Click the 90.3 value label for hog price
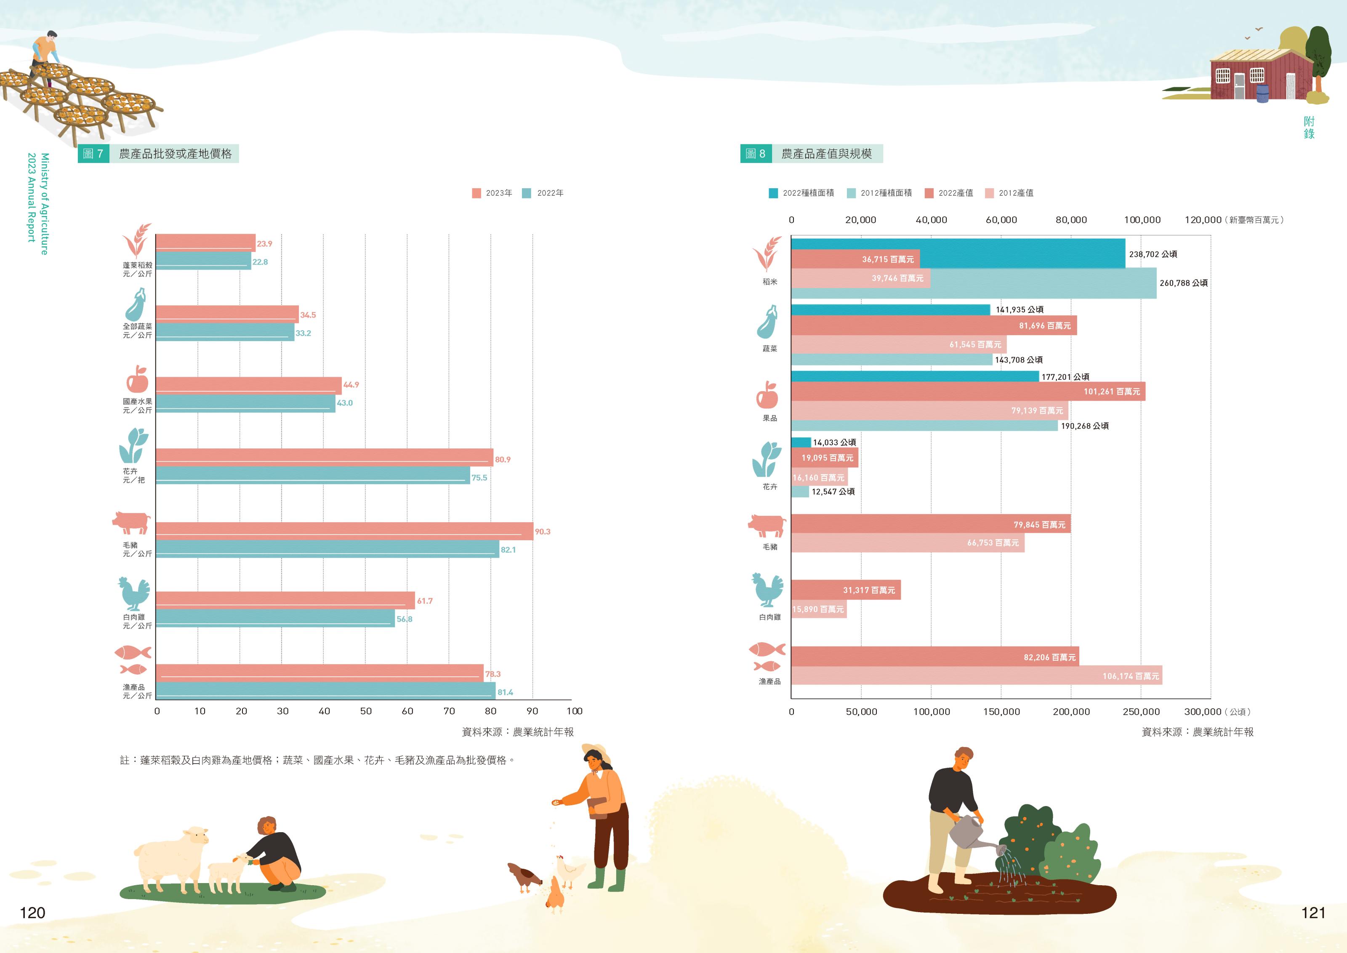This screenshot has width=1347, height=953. coord(542,531)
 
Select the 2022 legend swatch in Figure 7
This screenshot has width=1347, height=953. coord(526,193)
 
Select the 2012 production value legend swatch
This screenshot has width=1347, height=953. coord(989,193)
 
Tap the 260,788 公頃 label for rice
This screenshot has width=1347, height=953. coord(1183,283)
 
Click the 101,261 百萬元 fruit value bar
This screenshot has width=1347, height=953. coord(968,391)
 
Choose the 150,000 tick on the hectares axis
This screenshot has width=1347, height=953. coord(1001,712)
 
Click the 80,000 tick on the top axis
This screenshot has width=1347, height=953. coord(1071,220)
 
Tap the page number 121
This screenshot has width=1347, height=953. coord(1313,913)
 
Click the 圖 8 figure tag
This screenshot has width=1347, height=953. coord(756,154)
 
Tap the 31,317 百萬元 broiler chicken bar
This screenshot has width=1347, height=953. coord(845,590)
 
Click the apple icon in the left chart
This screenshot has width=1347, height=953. coord(137,380)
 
